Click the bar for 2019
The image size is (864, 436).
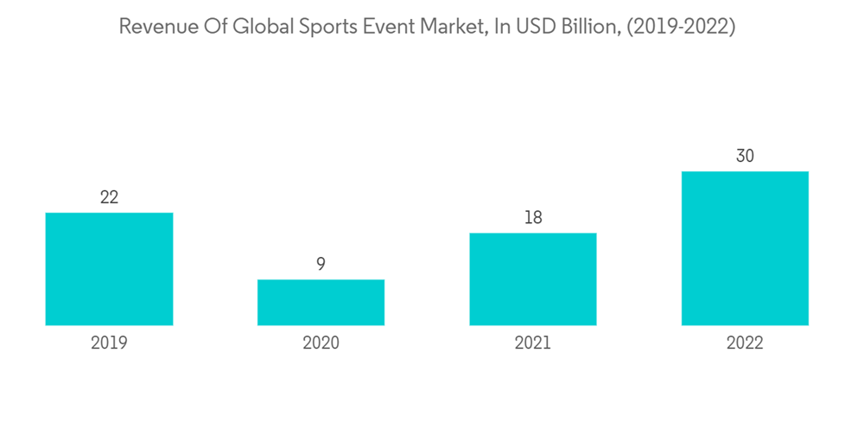coord(109,269)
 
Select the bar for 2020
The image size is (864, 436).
coord(321,302)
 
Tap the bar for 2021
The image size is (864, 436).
coord(533,279)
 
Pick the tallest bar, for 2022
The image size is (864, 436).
coord(745,248)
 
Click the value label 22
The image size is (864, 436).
coord(109,197)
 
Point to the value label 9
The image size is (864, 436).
coord(321,264)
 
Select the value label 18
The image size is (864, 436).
coord(533,217)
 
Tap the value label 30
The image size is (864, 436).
coord(745,157)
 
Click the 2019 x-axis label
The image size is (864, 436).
coord(109,343)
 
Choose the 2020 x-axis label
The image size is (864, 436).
coord(321,343)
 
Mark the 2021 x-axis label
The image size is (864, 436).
coord(533,343)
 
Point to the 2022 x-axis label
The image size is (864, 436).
coord(745,343)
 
